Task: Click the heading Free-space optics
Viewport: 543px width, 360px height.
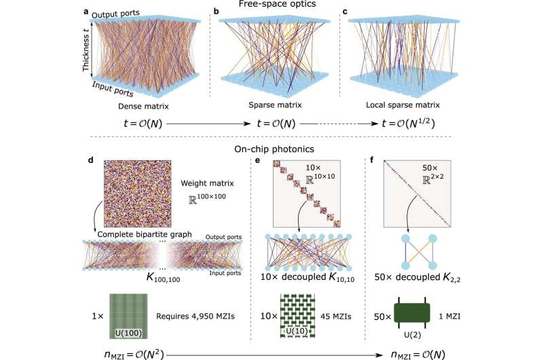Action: click(x=271, y=5)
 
